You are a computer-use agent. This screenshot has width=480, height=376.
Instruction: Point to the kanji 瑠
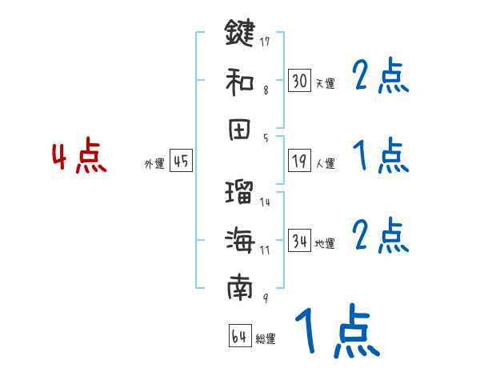pos(240,192)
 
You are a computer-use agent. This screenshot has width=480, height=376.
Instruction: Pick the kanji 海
pos(240,239)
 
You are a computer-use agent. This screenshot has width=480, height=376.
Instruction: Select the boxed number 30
pos(299,80)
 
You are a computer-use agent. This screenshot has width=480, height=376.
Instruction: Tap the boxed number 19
pos(299,161)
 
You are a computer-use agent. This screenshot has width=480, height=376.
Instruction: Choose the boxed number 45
pos(181,161)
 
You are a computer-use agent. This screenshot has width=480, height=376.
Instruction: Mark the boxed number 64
pos(239,336)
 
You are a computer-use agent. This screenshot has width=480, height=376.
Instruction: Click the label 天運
pos(325,83)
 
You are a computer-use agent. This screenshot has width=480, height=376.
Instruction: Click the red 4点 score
pos(78,158)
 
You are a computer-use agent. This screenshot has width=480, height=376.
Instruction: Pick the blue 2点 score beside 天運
pos(381,78)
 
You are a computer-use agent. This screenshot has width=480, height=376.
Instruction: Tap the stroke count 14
pos(265,202)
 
